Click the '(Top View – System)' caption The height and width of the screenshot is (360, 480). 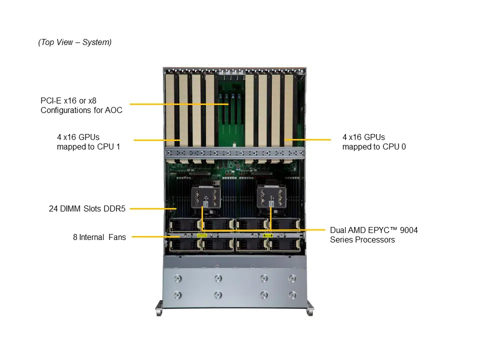coord(74,42)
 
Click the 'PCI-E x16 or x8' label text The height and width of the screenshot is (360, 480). coord(68,100)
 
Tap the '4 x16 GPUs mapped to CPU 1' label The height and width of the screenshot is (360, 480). coord(88,141)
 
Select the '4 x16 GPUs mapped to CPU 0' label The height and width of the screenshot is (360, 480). coord(374,141)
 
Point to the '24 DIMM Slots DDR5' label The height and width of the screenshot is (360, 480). coord(87,208)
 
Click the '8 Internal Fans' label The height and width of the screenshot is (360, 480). coord(99,237)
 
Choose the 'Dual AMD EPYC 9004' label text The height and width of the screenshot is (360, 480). coord(374,230)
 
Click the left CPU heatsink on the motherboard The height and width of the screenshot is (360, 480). coord(205,197)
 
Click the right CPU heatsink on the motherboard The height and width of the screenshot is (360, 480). coord(271,197)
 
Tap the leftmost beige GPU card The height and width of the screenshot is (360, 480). coord(170,110)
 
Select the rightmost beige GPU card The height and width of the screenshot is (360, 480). coord(288,110)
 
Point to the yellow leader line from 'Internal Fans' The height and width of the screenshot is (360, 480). coord(156,236)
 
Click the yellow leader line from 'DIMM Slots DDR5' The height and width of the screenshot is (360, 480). coord(153,209)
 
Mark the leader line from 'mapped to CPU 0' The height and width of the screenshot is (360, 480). coord(307,139)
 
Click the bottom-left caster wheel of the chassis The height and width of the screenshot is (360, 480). coord(159,308)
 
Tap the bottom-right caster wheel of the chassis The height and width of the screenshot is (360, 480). coord(310,308)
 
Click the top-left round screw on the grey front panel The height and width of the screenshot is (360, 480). coord(178,278)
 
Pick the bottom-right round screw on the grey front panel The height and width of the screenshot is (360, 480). coord(292,295)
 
